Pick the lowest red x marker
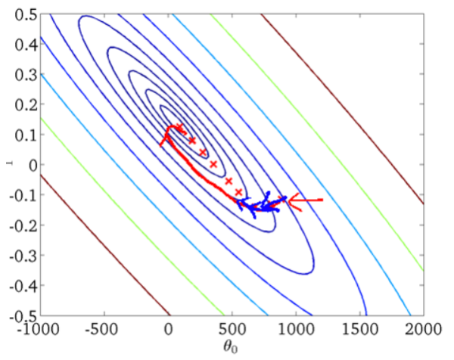(x=239, y=192)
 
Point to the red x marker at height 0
(x=213, y=164)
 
